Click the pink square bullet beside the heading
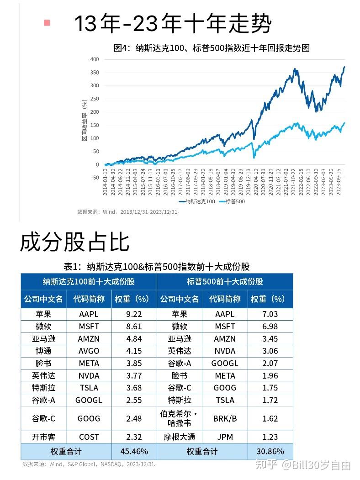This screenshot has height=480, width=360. (46, 22)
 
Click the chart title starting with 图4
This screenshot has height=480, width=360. (212, 48)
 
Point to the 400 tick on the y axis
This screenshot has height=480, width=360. (94, 59)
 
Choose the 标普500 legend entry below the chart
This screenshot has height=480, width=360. (233, 201)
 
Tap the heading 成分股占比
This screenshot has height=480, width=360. (74, 243)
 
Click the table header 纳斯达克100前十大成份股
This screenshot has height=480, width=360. (89, 281)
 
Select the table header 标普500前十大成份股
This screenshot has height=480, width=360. (225, 281)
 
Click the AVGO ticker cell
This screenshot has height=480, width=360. (89, 351)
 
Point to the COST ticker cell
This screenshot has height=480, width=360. (89, 437)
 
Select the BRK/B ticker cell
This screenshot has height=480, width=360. (225, 418)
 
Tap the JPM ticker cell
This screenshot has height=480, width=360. (225, 437)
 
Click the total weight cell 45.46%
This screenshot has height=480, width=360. (134, 451)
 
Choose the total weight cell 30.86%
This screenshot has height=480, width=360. (270, 451)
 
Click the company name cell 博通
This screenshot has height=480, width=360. (43, 351)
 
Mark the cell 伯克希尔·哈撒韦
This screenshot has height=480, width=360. (179, 418)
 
